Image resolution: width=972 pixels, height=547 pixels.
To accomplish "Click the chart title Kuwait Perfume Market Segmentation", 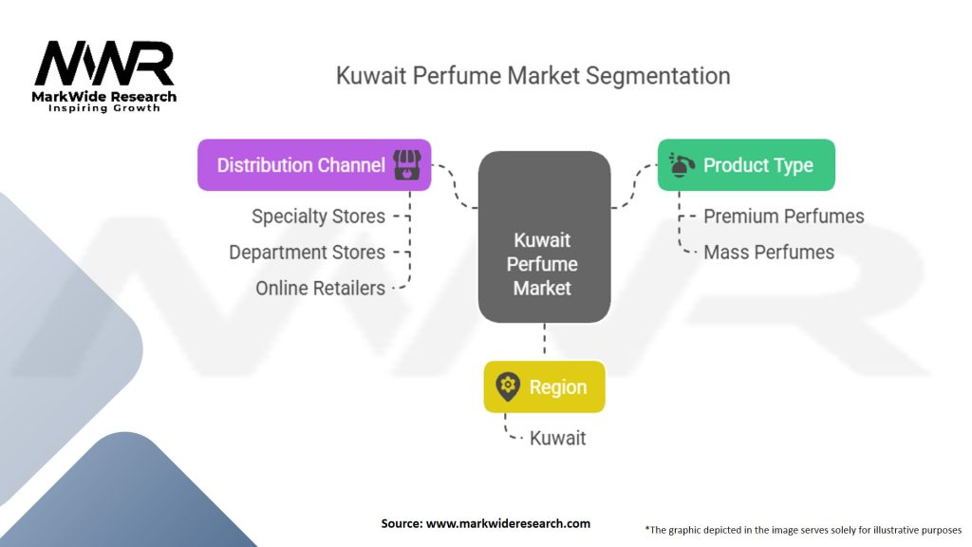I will click(x=533, y=76).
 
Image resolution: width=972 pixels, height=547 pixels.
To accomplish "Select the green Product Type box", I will click(x=746, y=165).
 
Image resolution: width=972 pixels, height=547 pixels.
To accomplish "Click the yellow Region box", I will click(x=544, y=387).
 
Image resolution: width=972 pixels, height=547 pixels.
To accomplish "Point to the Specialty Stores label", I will click(x=318, y=217).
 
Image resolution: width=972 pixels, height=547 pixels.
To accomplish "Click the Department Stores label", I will click(x=307, y=253).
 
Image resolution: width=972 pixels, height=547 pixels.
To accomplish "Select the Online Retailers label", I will click(x=320, y=288).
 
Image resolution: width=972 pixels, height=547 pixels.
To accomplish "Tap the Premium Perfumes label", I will click(x=783, y=217).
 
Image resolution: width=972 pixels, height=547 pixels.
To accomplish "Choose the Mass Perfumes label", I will click(x=768, y=253).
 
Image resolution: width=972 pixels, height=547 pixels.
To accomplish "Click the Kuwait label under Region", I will click(x=557, y=438).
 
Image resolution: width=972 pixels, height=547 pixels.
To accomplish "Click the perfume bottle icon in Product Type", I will click(x=680, y=165).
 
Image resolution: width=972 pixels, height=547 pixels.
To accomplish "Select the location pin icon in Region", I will click(x=508, y=387).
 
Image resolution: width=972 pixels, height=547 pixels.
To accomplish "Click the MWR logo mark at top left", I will click(x=104, y=65).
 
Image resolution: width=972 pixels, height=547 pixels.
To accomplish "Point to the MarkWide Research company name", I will click(x=105, y=96).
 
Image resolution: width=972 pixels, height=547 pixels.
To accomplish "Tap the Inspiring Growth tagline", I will click(x=104, y=108).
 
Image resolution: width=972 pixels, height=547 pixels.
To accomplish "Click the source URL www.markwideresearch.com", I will click(x=486, y=523).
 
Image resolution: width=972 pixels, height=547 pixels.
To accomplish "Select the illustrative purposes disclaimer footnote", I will click(x=803, y=529).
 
